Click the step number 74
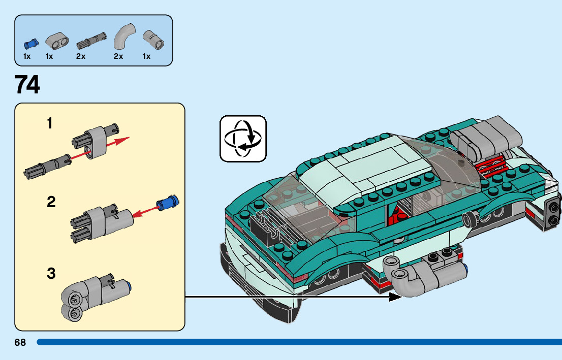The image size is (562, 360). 27,85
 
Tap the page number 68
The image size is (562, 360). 20,343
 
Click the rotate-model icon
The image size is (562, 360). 243,139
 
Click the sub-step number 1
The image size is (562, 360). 50,123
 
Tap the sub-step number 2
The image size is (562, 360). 51,202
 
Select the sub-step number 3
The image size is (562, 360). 51,274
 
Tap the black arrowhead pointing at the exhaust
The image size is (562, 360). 396,296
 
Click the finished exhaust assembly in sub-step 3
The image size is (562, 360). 93,297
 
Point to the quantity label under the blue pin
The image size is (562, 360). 27,57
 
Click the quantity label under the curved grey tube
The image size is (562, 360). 118,57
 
